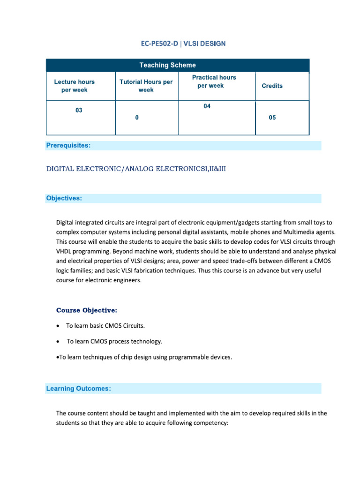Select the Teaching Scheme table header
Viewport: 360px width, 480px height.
177,65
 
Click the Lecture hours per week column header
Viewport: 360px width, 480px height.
74,86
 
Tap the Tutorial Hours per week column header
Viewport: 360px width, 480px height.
146,86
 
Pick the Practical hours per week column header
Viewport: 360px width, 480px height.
214,82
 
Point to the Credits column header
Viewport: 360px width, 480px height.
272,86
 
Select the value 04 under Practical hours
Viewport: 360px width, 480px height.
207,106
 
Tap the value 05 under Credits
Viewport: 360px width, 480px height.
272,118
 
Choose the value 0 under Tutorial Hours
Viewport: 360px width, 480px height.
136,118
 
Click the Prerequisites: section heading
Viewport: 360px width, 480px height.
68,145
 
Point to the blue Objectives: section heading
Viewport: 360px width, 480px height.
64,198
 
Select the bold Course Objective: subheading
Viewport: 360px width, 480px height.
87,310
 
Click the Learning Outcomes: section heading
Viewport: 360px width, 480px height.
78,388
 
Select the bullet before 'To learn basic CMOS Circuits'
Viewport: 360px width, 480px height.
57,325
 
